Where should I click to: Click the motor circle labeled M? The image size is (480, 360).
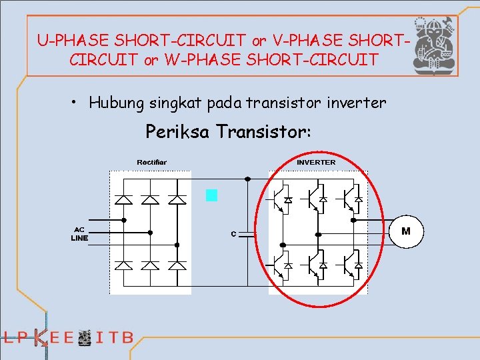click(405, 231)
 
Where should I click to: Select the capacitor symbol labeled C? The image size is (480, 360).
click(248, 234)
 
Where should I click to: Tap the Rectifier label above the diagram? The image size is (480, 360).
click(152, 162)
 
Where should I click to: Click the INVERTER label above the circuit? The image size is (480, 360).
click(316, 162)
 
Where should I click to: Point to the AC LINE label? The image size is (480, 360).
click(81, 233)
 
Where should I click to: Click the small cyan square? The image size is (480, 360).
click(212, 195)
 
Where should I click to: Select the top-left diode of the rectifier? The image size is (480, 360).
click(124, 199)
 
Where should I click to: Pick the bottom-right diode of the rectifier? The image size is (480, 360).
click(177, 265)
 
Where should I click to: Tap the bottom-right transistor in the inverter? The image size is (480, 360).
click(351, 265)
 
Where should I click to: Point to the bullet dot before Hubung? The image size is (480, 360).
click(76, 103)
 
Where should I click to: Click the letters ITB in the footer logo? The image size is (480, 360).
click(115, 337)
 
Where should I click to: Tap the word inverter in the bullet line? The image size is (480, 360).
click(358, 103)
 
